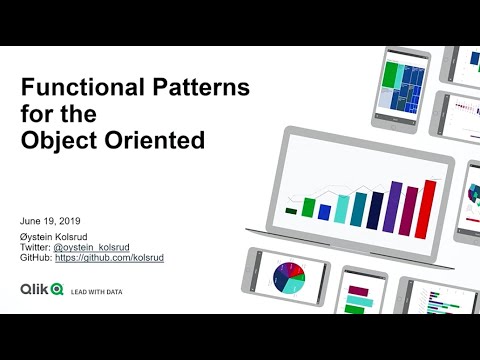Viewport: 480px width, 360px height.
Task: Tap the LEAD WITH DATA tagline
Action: [96, 291]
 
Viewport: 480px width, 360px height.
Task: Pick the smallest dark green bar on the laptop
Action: [291, 211]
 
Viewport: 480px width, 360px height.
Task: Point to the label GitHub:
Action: [36, 258]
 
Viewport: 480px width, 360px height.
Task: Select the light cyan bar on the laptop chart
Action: [342, 208]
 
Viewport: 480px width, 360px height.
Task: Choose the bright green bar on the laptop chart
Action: [309, 208]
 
